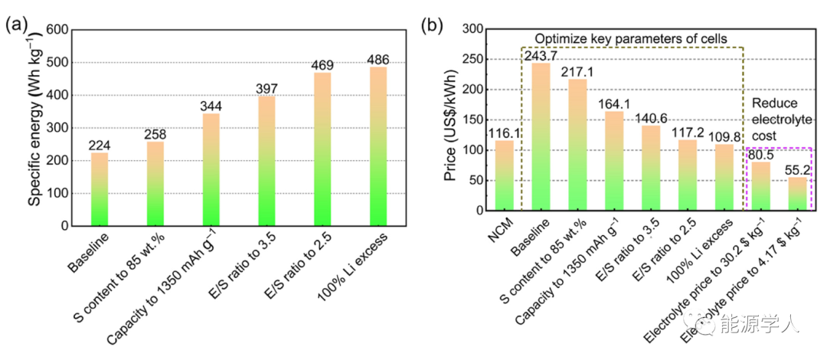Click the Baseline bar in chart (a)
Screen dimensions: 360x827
100,189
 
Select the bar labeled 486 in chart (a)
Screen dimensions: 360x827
378,146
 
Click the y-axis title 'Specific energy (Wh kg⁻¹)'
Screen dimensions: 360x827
34,126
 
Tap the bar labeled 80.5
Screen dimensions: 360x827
761,185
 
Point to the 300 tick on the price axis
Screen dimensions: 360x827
472,29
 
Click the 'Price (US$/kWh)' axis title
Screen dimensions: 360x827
451,119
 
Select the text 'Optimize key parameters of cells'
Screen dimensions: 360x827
630,38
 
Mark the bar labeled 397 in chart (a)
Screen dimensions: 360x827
266,161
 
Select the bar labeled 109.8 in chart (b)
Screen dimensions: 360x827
725,177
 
